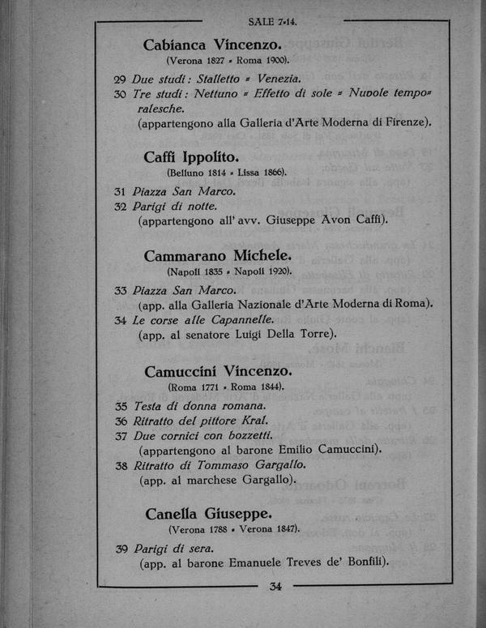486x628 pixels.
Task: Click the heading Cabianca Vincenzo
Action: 212,45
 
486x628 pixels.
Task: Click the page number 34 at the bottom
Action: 275,587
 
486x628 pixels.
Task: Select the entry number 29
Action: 119,79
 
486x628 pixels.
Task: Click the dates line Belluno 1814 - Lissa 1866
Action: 227,173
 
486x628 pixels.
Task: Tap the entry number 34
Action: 119,320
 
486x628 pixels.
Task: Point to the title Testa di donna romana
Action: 199,406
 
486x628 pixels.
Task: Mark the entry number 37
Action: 120,435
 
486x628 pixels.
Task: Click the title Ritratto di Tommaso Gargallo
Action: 220,465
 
